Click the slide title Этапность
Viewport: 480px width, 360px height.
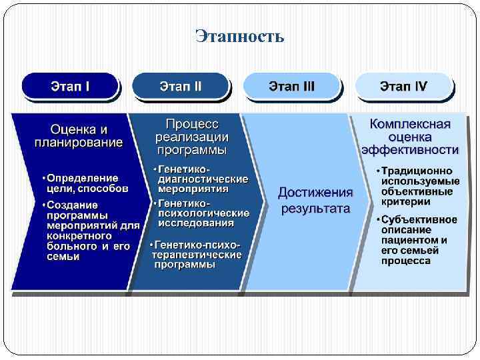[x=240, y=35]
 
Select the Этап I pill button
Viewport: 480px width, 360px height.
[x=71, y=87]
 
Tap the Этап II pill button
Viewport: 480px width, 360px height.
[x=181, y=87]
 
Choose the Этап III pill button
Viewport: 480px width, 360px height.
[x=292, y=87]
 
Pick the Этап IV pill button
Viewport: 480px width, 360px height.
[x=403, y=87]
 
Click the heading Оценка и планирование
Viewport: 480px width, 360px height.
[x=79, y=135]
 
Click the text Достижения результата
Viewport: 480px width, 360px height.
[x=315, y=200]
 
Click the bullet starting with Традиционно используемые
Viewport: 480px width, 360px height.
[x=419, y=186]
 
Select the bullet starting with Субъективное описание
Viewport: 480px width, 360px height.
[x=419, y=240]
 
